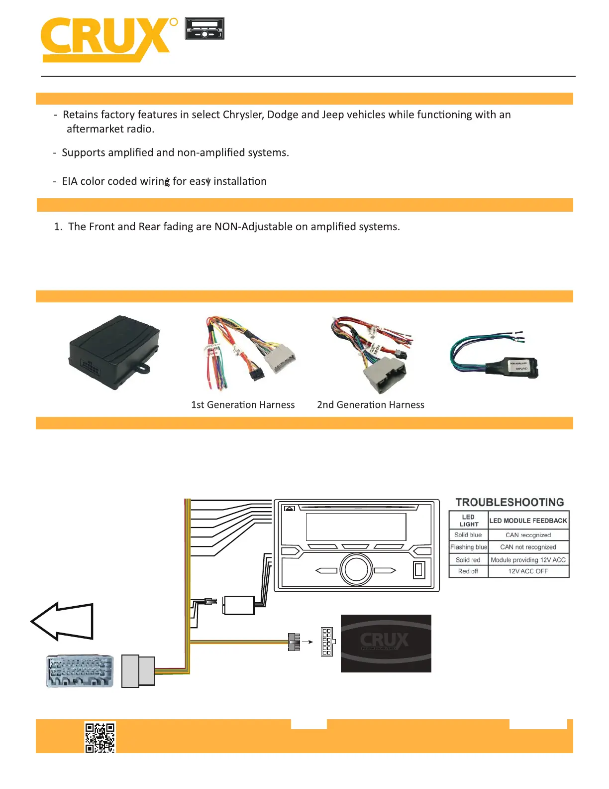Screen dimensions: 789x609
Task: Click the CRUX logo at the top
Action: pos(107,39)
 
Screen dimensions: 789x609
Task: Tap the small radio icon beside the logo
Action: pos(204,28)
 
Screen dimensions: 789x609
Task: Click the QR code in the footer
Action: pos(100,737)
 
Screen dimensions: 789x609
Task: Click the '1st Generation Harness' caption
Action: pos(243,405)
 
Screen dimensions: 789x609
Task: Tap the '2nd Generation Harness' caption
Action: pos(371,405)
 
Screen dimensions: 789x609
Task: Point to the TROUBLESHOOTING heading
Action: pos(509,502)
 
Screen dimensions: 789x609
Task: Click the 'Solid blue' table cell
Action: pos(468,535)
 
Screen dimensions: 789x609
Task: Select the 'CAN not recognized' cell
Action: pos(528,547)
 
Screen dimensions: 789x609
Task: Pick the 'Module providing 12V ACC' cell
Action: pos(528,560)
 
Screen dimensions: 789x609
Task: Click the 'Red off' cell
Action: pos(468,571)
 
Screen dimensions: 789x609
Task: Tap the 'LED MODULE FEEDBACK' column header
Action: pos(528,521)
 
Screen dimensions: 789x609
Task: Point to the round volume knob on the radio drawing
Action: pos(356,570)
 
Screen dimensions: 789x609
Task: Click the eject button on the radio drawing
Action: pos(290,509)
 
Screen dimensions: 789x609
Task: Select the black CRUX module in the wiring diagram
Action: pos(386,643)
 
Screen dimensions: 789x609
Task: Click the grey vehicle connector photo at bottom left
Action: pos(80,671)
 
